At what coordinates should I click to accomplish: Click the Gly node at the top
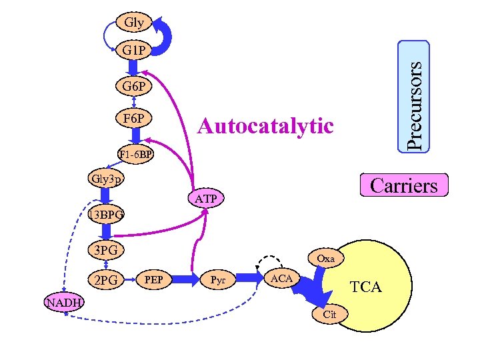tap(134, 22)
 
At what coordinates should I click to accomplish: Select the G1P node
tap(134, 50)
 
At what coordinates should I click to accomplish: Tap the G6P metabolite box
tap(134, 87)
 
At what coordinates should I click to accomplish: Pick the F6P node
tap(134, 119)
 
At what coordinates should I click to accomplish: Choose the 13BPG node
tap(105, 215)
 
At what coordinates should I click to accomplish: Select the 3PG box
tap(106, 251)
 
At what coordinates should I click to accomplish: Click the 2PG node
tap(106, 281)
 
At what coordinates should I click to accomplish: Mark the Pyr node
tap(218, 278)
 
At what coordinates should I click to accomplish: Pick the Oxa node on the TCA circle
tap(326, 258)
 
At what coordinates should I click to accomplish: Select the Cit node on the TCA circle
tap(329, 314)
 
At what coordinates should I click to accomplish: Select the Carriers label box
tap(403, 185)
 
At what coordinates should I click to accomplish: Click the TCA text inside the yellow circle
tap(366, 287)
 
